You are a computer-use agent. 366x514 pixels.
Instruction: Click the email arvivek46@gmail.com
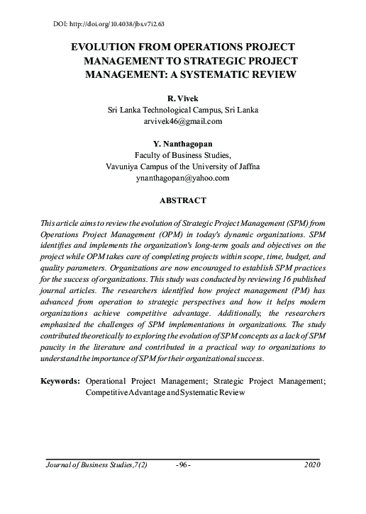coord(183,121)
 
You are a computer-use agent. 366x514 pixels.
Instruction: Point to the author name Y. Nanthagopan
coord(183,144)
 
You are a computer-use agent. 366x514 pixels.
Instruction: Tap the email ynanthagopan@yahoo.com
coord(183,178)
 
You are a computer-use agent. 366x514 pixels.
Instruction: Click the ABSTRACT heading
coord(183,200)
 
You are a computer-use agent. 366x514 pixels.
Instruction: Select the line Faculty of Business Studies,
coord(183,155)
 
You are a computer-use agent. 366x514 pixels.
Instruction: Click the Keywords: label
coord(61,381)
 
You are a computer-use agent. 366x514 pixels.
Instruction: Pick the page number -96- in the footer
coord(183,464)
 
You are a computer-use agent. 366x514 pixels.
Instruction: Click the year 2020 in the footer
coord(312,464)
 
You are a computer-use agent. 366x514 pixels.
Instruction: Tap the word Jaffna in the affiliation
coord(247,166)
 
